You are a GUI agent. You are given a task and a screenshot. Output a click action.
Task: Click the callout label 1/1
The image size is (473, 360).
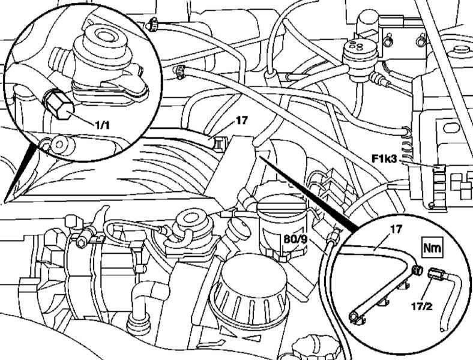coord(101,125)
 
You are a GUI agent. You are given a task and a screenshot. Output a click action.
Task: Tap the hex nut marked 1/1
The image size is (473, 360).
coord(59,104)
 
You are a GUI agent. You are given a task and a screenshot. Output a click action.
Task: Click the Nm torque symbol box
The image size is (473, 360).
coord(432,248)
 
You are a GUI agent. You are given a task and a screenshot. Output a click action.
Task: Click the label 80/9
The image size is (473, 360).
coord(295,239)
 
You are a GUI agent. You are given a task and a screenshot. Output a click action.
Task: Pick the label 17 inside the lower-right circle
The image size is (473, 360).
coord(396,229)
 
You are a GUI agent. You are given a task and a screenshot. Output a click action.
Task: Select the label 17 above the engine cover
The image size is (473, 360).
coord(241,121)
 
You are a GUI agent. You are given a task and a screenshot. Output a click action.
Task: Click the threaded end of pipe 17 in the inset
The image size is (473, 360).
coord(418,271)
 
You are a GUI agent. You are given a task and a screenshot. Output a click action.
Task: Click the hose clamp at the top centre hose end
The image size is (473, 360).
coord(152,24)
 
